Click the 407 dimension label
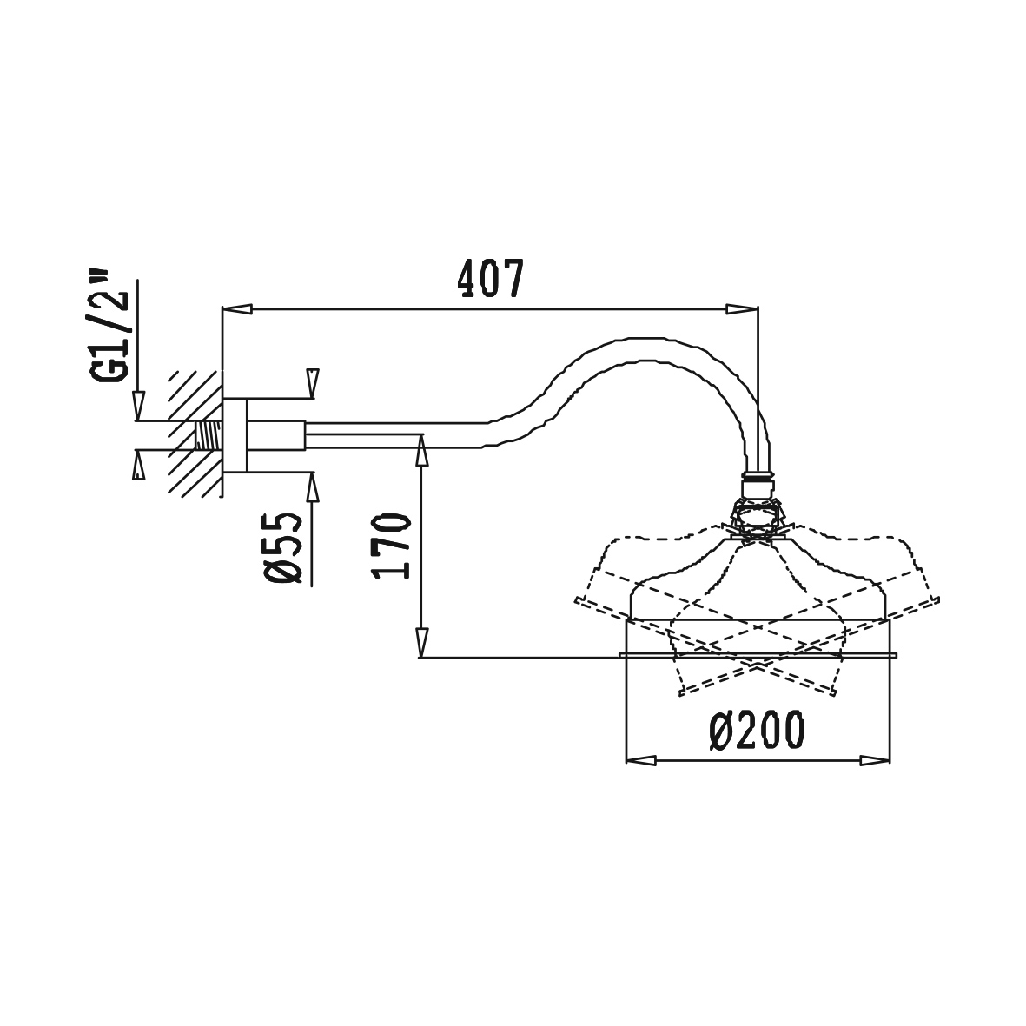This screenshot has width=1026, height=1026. coord(490,279)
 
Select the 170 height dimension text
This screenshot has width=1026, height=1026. coord(391,546)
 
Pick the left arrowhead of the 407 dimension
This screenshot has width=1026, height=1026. coord(238,309)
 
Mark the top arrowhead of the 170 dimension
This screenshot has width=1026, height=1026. coord(422,450)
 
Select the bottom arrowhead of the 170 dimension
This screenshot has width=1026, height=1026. coord(422,641)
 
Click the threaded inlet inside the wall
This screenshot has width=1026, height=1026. coord(209,435)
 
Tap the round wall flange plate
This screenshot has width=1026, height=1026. coord(235,435)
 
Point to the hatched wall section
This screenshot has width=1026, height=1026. coord(195,434)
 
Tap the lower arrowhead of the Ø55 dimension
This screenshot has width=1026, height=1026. coord(313,488)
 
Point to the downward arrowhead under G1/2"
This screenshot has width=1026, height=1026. coord(138,406)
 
